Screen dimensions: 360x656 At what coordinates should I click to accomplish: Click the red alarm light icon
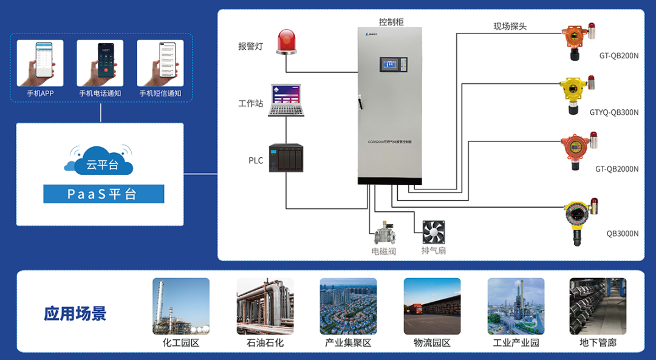287,42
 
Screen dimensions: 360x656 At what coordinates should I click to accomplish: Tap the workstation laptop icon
286,101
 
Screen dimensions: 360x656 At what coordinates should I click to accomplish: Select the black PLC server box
285,158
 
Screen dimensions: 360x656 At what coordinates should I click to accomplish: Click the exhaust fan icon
434,231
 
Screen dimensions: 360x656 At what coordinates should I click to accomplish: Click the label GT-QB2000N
617,169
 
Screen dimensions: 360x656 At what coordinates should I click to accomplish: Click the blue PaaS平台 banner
104,194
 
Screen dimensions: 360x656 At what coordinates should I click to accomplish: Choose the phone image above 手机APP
40,63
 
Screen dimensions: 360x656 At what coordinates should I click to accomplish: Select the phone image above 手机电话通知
100,63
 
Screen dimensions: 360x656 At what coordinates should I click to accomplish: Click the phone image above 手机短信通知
160,63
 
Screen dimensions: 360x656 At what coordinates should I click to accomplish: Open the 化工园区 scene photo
180,306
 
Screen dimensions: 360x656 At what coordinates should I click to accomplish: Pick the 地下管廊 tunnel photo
598,306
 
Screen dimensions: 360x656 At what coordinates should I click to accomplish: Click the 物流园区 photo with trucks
432,306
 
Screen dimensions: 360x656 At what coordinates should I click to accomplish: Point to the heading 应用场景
75,313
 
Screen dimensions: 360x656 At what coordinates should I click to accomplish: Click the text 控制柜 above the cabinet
391,22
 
